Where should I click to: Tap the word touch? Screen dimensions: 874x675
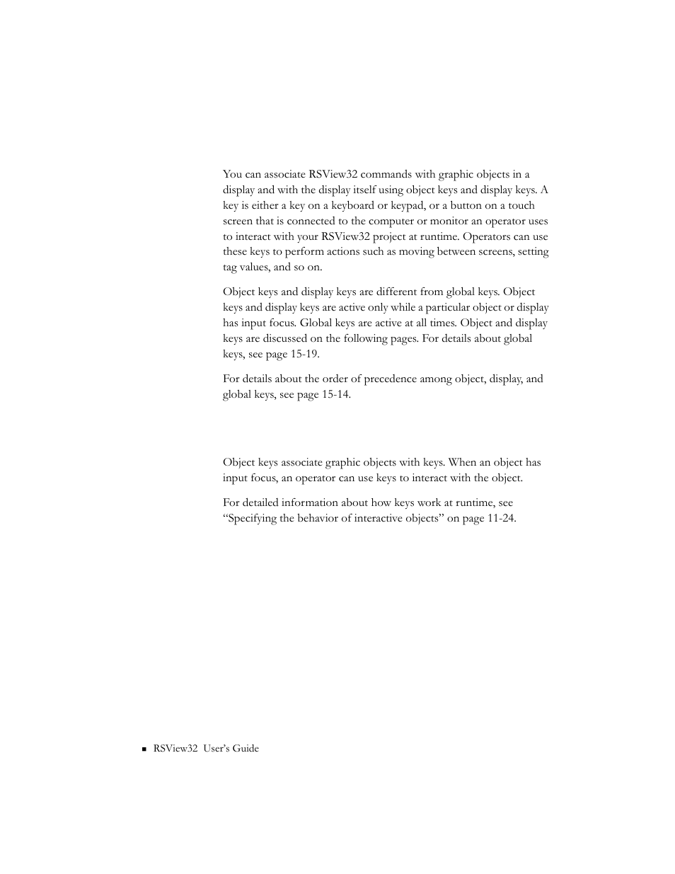[x=521, y=205]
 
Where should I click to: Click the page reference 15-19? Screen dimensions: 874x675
[x=304, y=354]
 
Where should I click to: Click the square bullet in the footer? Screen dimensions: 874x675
[x=144, y=749]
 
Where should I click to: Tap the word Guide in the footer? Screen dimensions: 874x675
[x=245, y=748]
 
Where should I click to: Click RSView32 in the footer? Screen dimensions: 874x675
[x=175, y=748]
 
